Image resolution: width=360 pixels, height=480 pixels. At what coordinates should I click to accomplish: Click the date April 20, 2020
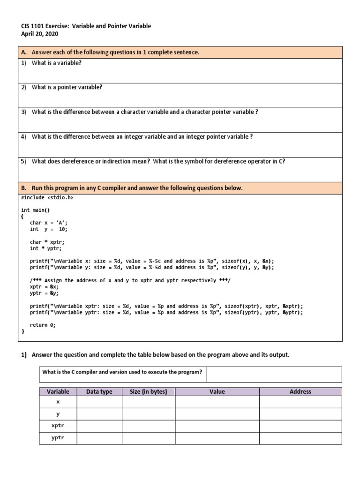pyautogui.click(x=40, y=34)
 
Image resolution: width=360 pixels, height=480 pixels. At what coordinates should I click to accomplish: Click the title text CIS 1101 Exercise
pyautogui.click(x=45, y=26)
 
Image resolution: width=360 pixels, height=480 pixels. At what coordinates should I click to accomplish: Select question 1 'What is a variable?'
pyautogui.click(x=56, y=63)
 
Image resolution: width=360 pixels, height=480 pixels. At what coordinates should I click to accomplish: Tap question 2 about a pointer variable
pyautogui.click(x=67, y=87)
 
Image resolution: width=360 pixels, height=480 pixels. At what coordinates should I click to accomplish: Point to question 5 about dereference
pyautogui.click(x=158, y=161)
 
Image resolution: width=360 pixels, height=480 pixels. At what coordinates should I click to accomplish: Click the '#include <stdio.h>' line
pyautogui.click(x=47, y=197)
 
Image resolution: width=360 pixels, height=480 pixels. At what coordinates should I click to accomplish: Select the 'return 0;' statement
pyautogui.click(x=43, y=325)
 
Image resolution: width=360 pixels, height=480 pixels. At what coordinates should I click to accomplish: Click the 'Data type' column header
pyautogui.click(x=99, y=391)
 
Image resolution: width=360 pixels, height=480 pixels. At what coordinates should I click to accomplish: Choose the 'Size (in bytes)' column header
pyautogui.click(x=149, y=391)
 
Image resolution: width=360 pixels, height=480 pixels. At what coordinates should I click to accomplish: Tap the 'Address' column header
pyautogui.click(x=300, y=391)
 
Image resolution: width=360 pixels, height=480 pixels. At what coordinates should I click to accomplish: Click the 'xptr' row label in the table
pyautogui.click(x=58, y=426)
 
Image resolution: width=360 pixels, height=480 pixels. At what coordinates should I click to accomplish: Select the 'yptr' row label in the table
pyautogui.click(x=58, y=438)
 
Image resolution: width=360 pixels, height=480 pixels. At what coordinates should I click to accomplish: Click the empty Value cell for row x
pyautogui.click(x=217, y=402)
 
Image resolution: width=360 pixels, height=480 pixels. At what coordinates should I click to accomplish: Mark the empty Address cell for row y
pyautogui.click(x=300, y=414)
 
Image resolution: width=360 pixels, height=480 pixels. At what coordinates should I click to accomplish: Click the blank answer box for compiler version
pyautogui.click(x=274, y=374)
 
